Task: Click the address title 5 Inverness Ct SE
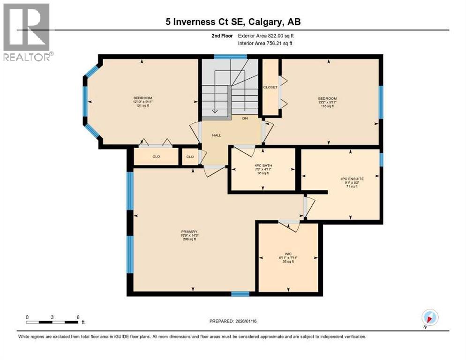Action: pos(233,22)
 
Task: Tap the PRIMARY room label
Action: pos(189,232)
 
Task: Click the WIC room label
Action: pos(288,253)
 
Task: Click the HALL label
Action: pos(216,135)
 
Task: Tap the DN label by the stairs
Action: pos(244,119)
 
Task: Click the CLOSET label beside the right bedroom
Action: pos(270,87)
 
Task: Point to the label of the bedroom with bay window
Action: pos(143,98)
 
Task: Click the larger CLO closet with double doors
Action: pos(156,157)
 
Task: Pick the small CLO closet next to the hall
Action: pos(190,157)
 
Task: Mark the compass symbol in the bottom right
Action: pos(429,317)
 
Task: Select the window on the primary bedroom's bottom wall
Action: pos(240,294)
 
